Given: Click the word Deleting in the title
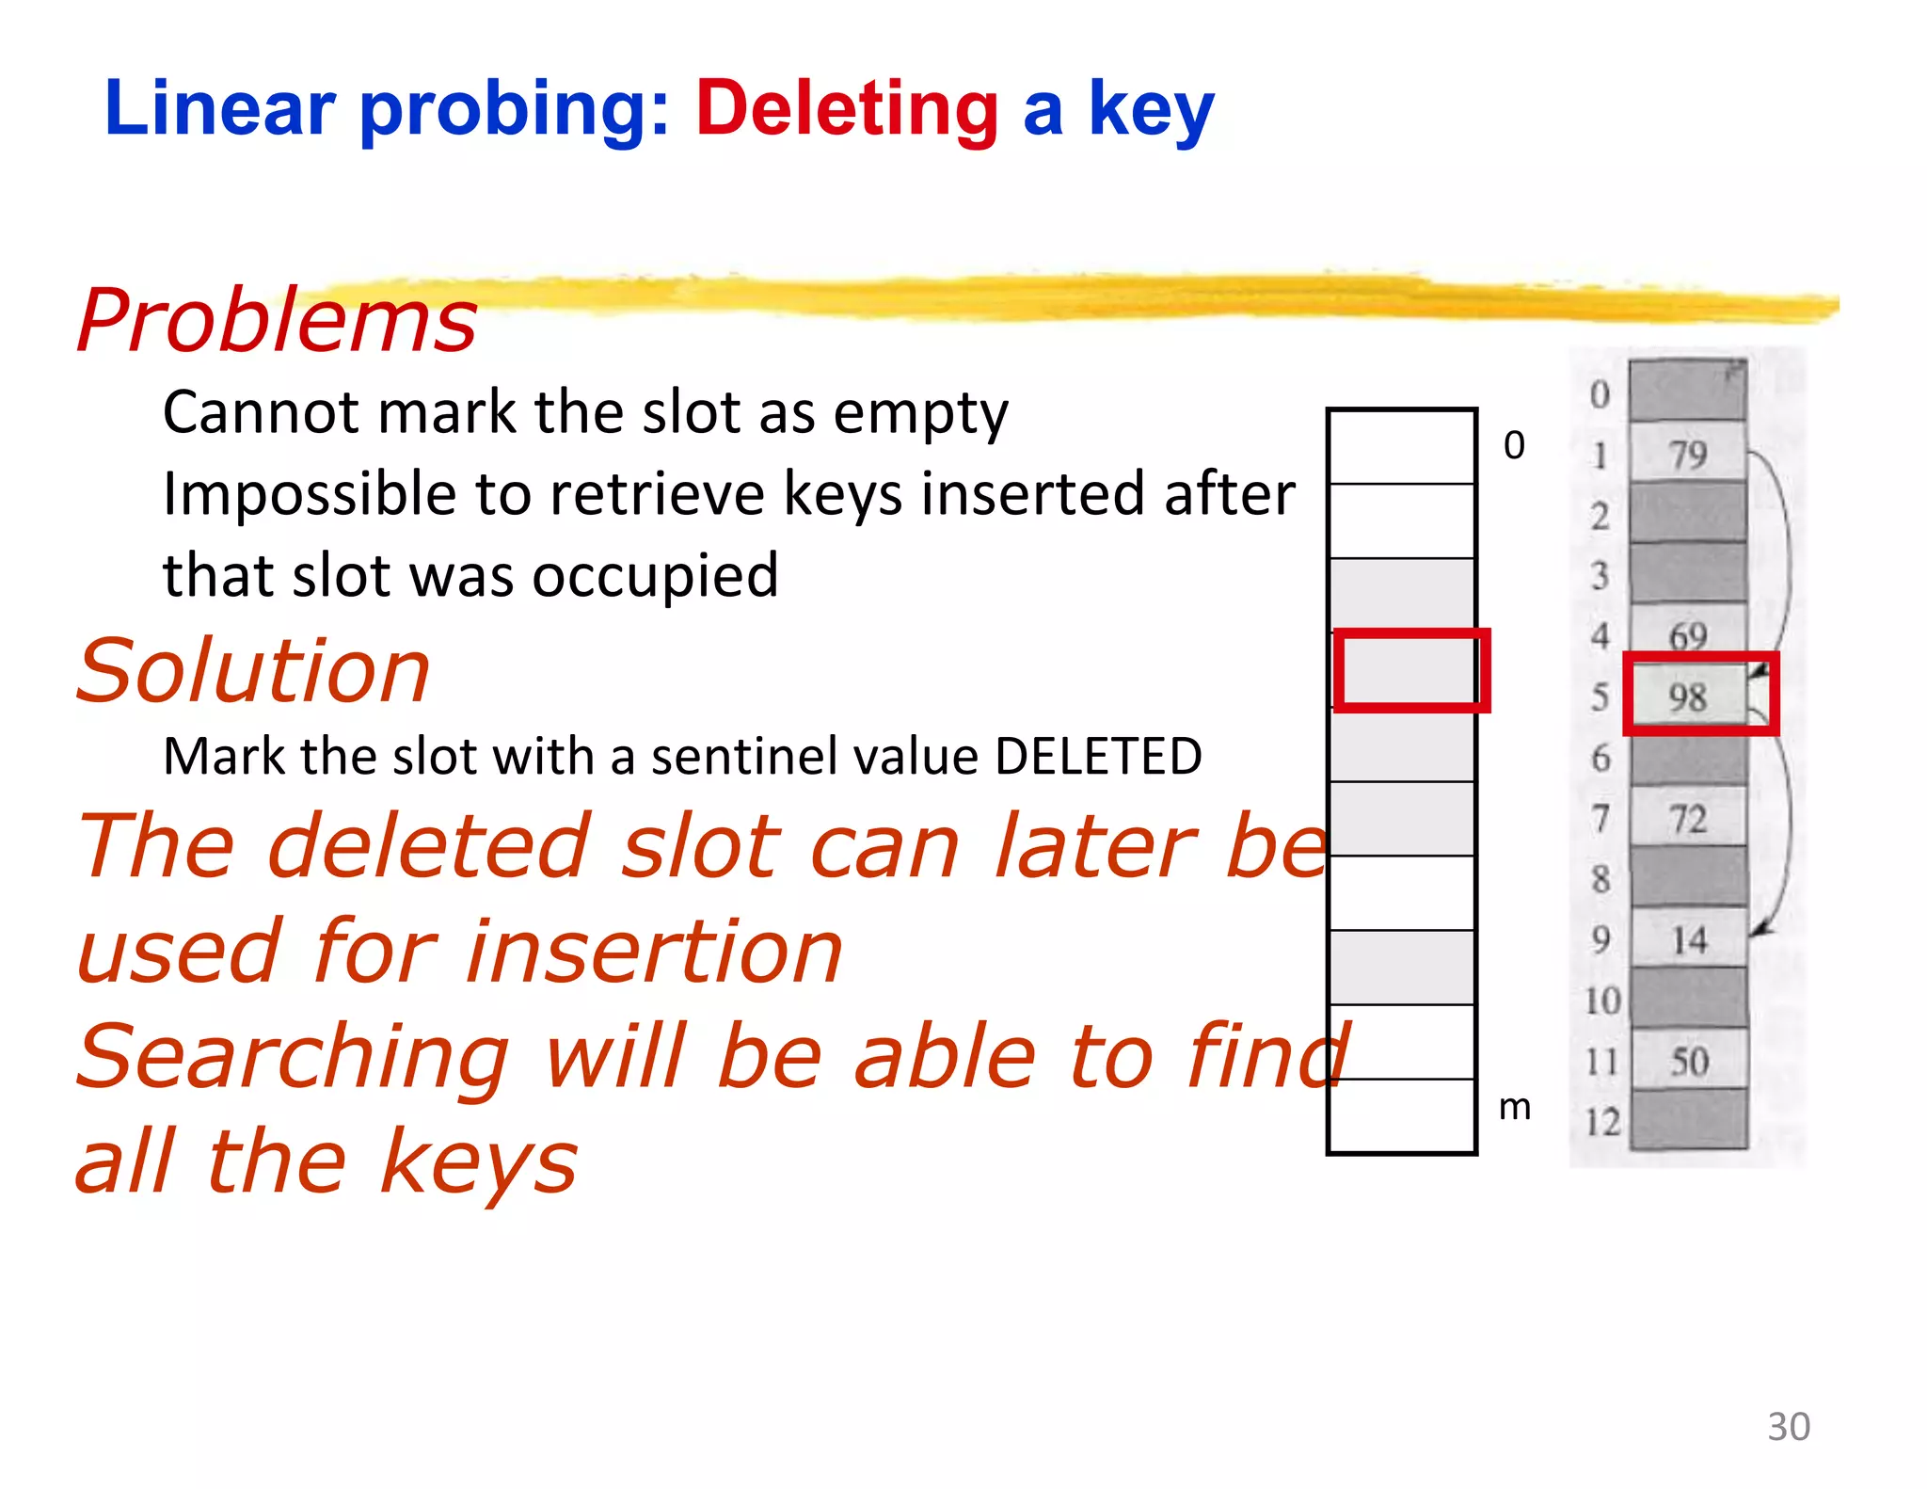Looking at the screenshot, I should [846, 110].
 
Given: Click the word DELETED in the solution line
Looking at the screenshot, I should [1098, 756].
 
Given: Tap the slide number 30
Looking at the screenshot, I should [1788, 1426].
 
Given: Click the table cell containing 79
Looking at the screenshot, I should [1688, 455].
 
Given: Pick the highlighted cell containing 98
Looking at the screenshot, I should [1688, 697].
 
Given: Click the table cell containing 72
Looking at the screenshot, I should [1688, 819].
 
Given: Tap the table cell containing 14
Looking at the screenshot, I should [1689, 939].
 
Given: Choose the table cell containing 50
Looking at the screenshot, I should [1689, 1061].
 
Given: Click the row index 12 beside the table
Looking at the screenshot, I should [1601, 1122].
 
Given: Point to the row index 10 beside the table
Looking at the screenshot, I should [1601, 1001].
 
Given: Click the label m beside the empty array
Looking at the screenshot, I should [1514, 1107].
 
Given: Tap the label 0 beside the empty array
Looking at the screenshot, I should [1514, 444].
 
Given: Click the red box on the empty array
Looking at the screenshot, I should [1410, 670].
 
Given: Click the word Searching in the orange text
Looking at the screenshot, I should [293, 1057].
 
